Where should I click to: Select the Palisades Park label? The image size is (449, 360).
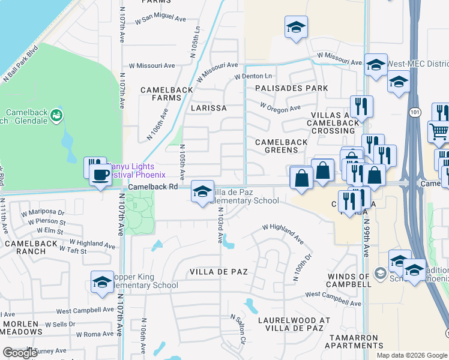coord(291,88)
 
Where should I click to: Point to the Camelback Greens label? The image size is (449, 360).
coord(281,142)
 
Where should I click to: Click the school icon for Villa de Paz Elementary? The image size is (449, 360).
coord(202,191)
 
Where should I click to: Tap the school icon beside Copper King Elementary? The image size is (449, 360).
coord(102,281)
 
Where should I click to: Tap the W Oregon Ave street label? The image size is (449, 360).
coord(280,107)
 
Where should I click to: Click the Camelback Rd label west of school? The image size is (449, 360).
coord(153,187)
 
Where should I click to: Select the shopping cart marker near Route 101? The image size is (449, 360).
coord(439,131)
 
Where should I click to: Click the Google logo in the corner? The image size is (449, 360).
coord(20,353)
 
